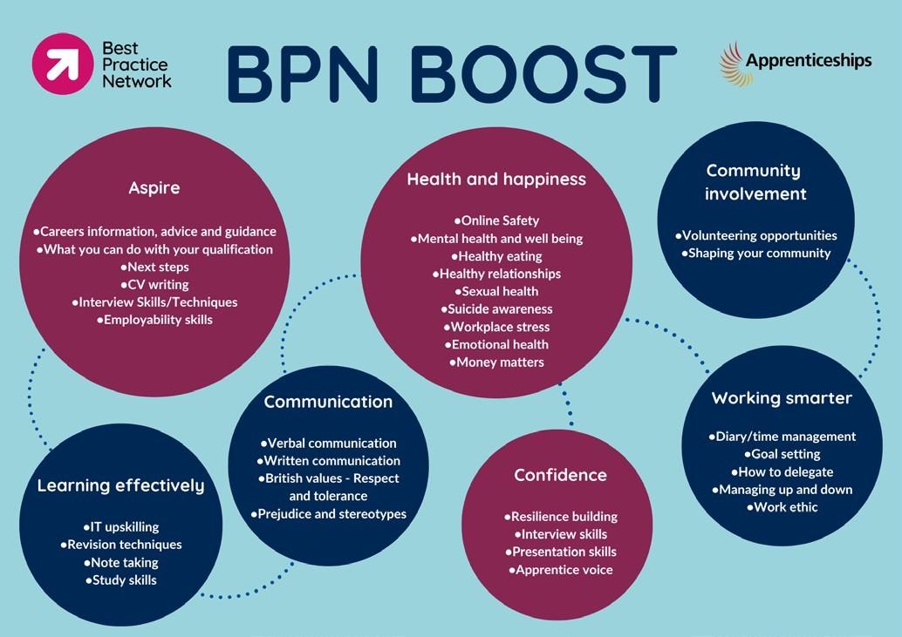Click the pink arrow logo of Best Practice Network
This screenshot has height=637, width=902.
pyautogui.click(x=61, y=63)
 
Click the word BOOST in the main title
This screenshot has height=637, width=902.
pyautogui.click(x=543, y=74)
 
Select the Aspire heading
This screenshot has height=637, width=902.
pyautogui.click(x=154, y=188)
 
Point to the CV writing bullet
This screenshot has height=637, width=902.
pyautogui.click(x=154, y=284)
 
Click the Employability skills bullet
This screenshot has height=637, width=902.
pyautogui.click(x=154, y=320)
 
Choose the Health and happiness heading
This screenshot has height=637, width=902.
pyautogui.click(x=496, y=180)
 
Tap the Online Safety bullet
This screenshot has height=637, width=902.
pyautogui.click(x=496, y=220)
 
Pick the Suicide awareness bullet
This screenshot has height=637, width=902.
pyautogui.click(x=496, y=308)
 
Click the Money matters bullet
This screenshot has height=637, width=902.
pyautogui.click(x=496, y=362)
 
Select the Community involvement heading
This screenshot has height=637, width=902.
pyautogui.click(x=753, y=182)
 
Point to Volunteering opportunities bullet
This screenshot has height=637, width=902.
pyautogui.click(x=755, y=235)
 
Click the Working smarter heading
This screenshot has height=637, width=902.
pyautogui.click(x=782, y=398)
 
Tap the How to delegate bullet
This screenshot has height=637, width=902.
pyautogui.click(x=782, y=471)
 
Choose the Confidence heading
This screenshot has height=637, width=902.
pyautogui.click(x=560, y=475)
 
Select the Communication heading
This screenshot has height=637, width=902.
pyautogui.click(x=328, y=402)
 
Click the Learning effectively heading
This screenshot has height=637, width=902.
pyautogui.click(x=120, y=485)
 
